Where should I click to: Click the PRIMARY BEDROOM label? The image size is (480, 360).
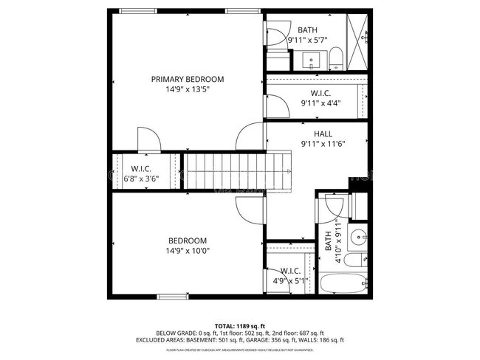(x=188, y=79)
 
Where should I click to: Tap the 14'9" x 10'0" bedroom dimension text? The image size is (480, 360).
(x=188, y=251)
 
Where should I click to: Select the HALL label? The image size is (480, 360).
(x=323, y=134)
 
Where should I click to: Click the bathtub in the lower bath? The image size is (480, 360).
(x=344, y=283)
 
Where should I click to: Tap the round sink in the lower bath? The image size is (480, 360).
(x=359, y=238)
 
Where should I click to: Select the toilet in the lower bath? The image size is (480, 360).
(x=355, y=260)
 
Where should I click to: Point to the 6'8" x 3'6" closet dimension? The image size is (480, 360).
(x=141, y=178)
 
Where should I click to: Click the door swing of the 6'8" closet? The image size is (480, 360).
(x=148, y=139)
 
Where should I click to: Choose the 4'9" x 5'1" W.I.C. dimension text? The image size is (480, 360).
(x=290, y=280)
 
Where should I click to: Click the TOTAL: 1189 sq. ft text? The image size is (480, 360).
(x=239, y=325)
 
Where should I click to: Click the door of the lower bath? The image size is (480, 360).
(x=329, y=208)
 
